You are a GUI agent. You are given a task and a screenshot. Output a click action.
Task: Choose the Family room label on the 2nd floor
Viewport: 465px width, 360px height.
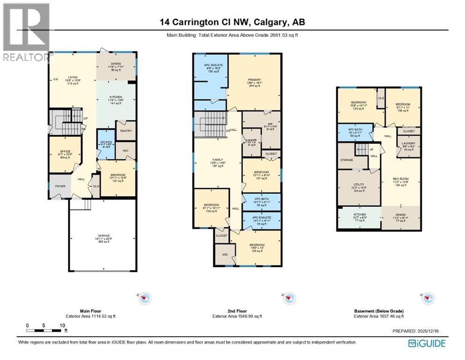[216, 162]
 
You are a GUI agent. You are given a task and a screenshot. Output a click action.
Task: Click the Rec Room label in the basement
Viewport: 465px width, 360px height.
[400, 182]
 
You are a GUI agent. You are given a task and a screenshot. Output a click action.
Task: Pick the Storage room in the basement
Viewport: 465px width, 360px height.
[347, 159]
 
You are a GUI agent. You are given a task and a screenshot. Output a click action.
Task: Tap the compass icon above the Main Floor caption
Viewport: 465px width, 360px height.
[145, 297]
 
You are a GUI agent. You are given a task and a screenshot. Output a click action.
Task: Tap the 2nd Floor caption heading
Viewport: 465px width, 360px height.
[236, 311]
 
